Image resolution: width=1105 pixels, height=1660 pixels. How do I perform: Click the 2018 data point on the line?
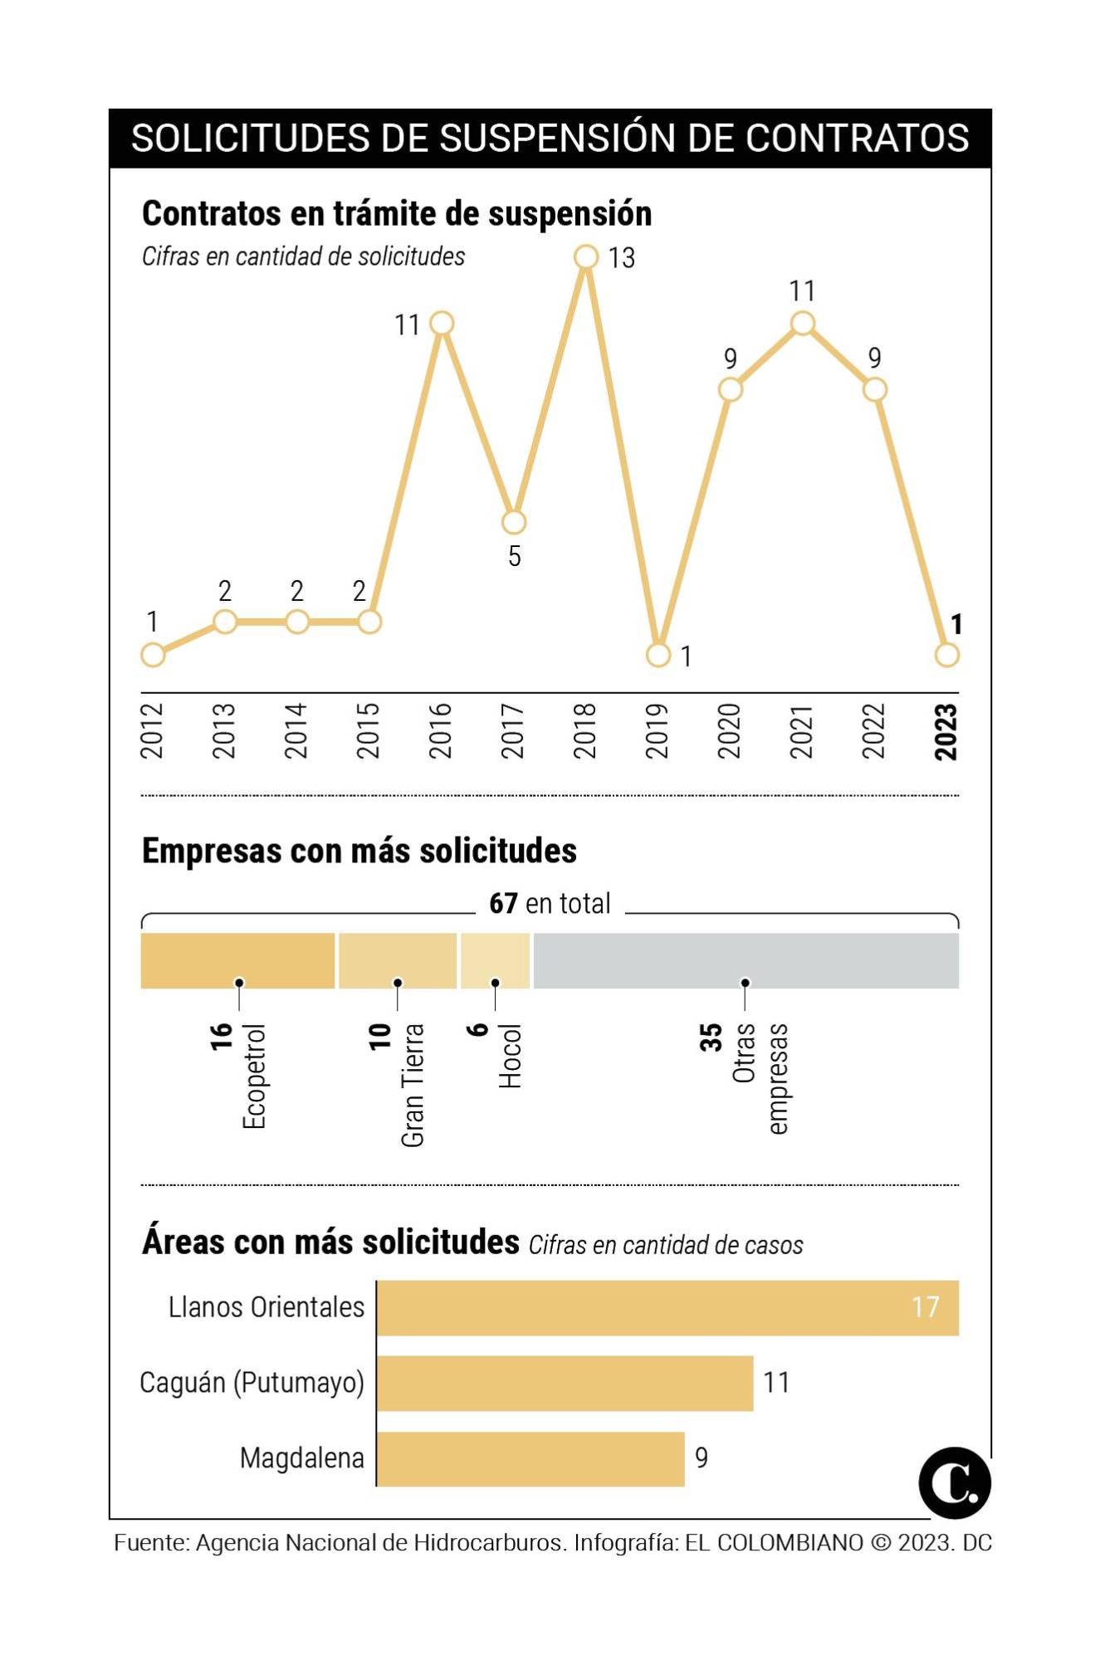[x=585, y=257]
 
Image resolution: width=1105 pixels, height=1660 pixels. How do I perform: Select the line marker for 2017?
[x=514, y=522]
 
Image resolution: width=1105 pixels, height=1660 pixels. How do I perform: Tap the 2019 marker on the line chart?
[x=658, y=655]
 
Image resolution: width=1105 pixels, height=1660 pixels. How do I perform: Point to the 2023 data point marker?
[x=946, y=655]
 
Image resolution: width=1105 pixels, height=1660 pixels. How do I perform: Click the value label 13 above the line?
[x=621, y=258]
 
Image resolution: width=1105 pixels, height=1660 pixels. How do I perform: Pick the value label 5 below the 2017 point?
[x=515, y=556]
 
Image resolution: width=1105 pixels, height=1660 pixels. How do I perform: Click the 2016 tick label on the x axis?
[x=441, y=730]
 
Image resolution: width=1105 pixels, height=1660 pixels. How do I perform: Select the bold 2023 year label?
[x=946, y=731]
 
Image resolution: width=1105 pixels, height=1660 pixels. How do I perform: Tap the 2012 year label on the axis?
[x=152, y=730]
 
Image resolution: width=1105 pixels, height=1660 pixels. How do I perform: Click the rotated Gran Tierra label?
[x=413, y=1085]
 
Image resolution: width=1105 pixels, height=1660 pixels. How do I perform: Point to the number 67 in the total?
[x=503, y=903]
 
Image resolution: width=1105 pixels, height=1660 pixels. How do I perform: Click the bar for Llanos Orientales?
[x=667, y=1308]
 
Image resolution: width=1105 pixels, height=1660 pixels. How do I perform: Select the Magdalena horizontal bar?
[x=530, y=1458]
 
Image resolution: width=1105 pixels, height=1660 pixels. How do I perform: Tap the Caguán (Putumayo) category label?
[x=252, y=1383]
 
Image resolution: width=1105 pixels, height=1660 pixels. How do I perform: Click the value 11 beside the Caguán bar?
[x=776, y=1383]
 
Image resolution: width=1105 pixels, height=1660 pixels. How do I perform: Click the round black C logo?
[x=955, y=1483]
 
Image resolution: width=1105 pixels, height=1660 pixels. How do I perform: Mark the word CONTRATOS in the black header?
[x=857, y=139]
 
